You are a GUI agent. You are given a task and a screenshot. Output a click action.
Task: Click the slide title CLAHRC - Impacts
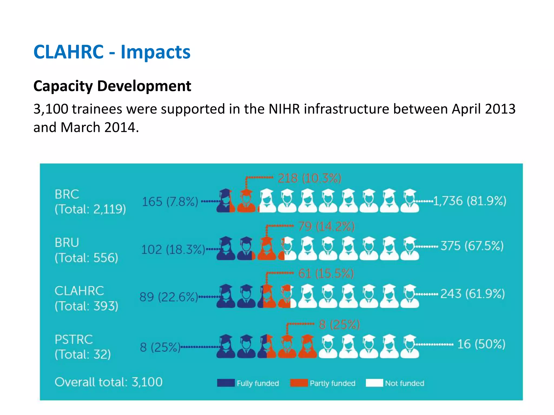tap(112, 52)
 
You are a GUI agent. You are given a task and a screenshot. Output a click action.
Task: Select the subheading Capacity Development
tap(112, 86)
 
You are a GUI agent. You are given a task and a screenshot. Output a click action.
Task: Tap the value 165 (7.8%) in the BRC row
tap(170, 202)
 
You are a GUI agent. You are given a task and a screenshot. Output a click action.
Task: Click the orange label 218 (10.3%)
tap(309, 178)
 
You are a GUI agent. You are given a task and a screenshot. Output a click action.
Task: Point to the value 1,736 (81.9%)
tap(470, 201)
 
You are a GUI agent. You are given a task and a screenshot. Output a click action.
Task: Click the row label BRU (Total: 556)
tap(86, 250)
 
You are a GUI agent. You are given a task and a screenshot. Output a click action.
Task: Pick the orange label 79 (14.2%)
tap(326, 226)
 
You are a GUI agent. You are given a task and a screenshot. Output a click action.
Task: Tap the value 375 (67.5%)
tap(472, 246)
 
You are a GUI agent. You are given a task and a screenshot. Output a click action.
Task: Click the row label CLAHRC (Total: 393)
tap(86, 298)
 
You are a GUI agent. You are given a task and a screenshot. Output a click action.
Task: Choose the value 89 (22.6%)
tap(169, 297)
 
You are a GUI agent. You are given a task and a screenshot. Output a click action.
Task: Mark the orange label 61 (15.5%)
tap(326, 274)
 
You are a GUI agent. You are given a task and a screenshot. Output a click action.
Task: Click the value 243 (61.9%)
tap(472, 294)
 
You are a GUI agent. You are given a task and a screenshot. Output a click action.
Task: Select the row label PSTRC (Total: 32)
tap(83, 347)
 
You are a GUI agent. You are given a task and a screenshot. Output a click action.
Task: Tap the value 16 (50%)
tap(481, 344)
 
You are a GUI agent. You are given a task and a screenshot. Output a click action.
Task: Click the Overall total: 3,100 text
tap(108, 382)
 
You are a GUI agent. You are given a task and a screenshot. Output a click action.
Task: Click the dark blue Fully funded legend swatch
tap(226, 383)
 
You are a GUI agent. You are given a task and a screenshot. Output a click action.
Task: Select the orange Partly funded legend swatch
tap(299, 383)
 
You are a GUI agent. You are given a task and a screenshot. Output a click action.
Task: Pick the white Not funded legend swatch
tap(374, 383)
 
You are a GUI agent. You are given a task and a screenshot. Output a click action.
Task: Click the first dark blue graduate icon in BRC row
tap(225, 201)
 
